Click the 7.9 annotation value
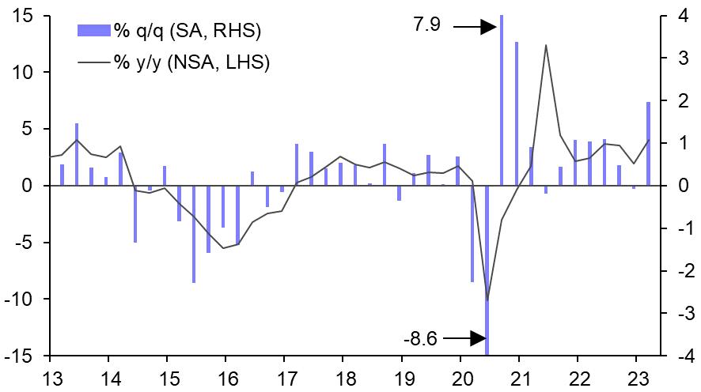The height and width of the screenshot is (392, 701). coord(428,25)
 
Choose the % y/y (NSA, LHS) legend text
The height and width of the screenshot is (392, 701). coord(192,63)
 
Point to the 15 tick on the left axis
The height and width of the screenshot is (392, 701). coord(21,15)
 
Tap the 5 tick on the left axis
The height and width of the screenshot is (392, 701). coord(25,129)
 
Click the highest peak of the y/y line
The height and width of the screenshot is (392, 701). coord(546,45)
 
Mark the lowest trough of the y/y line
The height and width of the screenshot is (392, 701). coord(487,300)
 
